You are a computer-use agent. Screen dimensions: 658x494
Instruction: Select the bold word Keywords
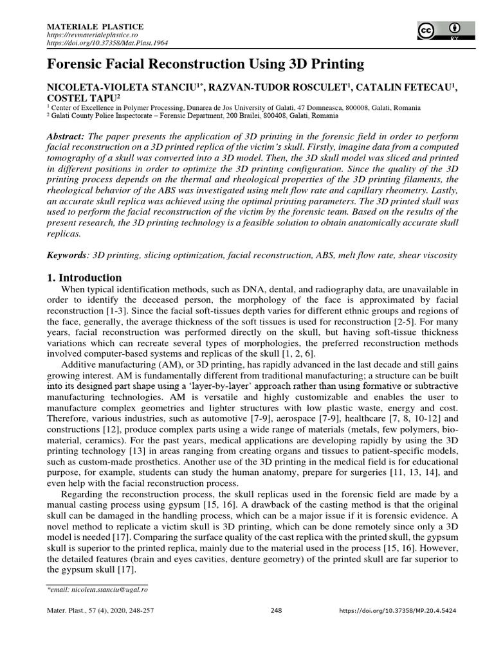[69, 255]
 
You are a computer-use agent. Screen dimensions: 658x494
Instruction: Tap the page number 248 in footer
[277, 610]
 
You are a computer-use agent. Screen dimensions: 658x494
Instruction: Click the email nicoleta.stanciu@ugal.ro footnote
[98, 588]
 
